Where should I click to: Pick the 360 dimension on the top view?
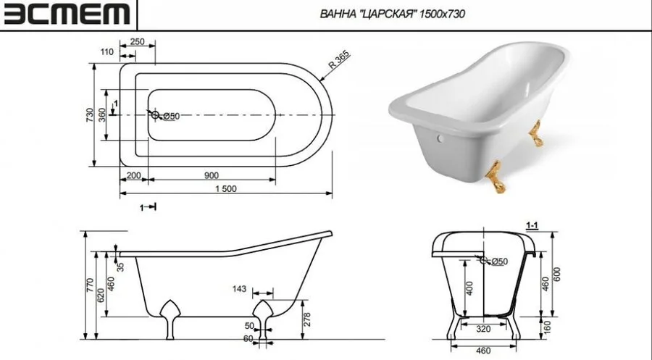[102, 115]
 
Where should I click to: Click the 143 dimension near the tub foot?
[240, 289]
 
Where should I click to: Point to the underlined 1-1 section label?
[531, 227]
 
